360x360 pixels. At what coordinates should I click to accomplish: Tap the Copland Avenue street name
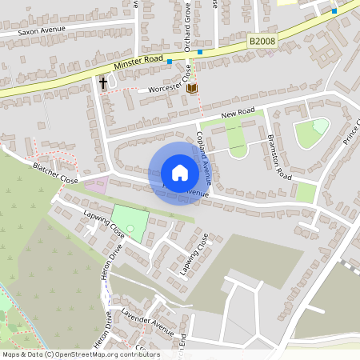pyautogui.click(x=206, y=152)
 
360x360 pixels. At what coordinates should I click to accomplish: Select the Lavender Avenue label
pyautogui.click(x=147, y=322)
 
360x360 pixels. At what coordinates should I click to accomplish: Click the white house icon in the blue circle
pyautogui.click(x=179, y=173)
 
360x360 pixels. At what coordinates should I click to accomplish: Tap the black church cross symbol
pyautogui.click(x=103, y=82)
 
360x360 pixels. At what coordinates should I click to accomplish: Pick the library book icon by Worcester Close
pyautogui.click(x=192, y=88)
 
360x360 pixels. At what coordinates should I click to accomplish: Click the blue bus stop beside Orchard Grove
pyautogui.click(x=200, y=52)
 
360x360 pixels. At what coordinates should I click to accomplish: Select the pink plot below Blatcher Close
pyautogui.click(x=96, y=185)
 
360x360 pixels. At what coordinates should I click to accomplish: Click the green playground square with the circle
pyautogui.click(x=129, y=222)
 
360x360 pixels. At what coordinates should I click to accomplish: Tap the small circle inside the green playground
pyautogui.click(x=130, y=229)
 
